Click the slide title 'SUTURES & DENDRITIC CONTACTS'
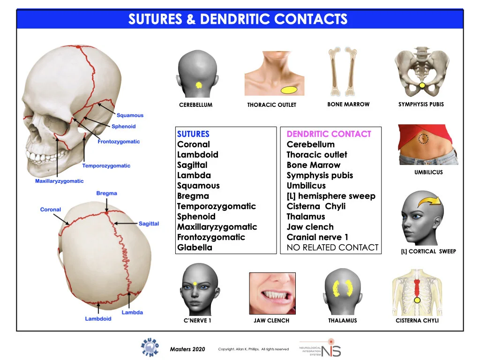(x=238, y=19)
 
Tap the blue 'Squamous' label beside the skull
(x=130, y=115)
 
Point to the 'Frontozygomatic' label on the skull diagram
(x=119, y=142)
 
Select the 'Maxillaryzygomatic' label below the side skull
(x=60, y=181)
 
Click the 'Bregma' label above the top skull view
(x=106, y=193)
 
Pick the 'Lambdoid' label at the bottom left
(x=98, y=319)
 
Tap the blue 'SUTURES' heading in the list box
(x=193, y=134)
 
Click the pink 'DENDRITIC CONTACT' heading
(x=329, y=134)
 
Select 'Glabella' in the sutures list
(x=195, y=247)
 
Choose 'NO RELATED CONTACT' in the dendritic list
(x=332, y=247)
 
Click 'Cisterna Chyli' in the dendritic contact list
(x=316, y=206)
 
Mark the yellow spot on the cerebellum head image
(x=198, y=85)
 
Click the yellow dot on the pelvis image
(x=422, y=85)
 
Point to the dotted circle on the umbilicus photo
(x=423, y=138)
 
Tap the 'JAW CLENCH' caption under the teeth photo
(x=271, y=321)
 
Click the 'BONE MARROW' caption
(x=348, y=104)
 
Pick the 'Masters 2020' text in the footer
(x=187, y=349)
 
